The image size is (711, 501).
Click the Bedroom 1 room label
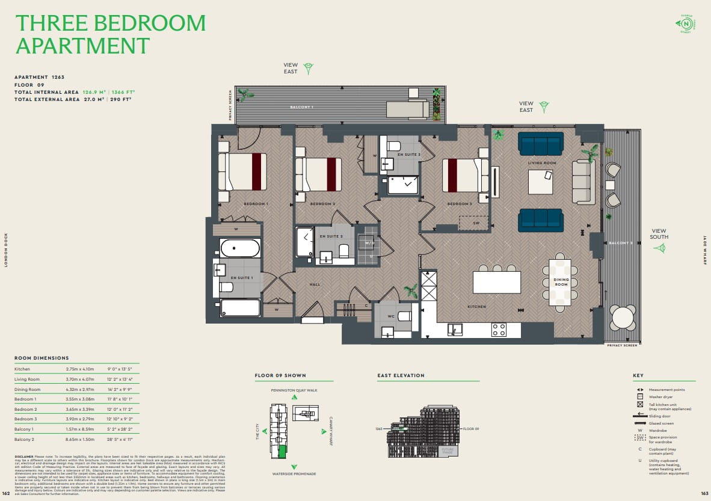click(256, 204)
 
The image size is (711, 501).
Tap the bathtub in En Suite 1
click(240, 248)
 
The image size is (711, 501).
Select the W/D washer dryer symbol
click(369, 243)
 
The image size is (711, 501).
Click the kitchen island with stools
click(497, 282)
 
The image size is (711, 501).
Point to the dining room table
click(560, 283)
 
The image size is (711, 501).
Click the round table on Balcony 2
click(622, 317)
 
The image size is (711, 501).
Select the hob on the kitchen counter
click(499, 330)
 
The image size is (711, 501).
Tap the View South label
click(659, 233)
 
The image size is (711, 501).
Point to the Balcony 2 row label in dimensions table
click(25, 440)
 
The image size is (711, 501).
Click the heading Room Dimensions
click(42, 358)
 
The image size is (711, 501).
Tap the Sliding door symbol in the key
click(639, 414)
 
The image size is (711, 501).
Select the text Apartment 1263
click(39, 77)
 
